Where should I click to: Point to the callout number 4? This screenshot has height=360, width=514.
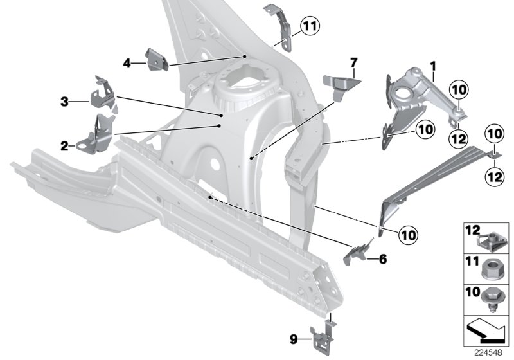pyautogui.click(x=127, y=62)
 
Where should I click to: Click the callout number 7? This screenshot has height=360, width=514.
pyautogui.click(x=353, y=62)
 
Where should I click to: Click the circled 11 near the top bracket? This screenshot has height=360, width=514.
pyautogui.click(x=310, y=26)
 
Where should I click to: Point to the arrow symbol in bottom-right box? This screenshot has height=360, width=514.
pyautogui.click(x=487, y=332)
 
